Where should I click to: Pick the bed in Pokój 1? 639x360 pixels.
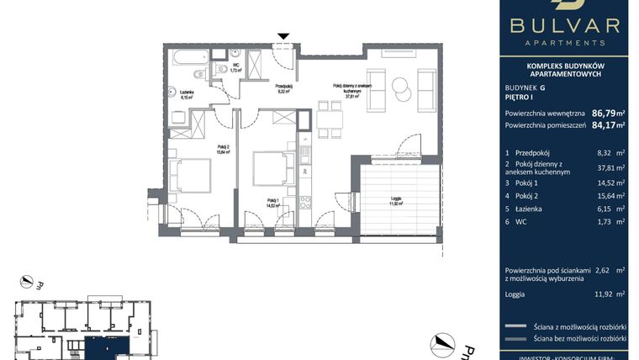coord(268,168)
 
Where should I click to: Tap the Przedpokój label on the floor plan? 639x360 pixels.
coord(283,87)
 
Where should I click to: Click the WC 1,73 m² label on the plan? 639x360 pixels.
coord(236,67)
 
